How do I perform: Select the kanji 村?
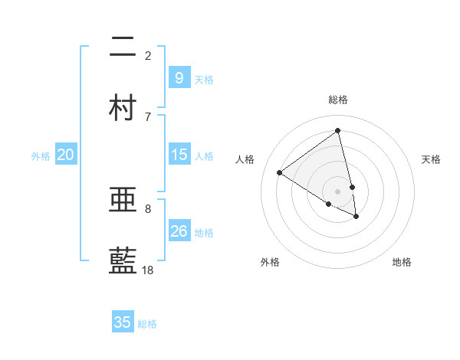pyautogui.click(x=123, y=107)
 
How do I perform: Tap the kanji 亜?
pyautogui.click(x=123, y=201)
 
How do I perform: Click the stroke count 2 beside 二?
pyautogui.click(x=148, y=55)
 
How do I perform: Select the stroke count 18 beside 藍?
pyautogui.click(x=148, y=270)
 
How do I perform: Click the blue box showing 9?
pyautogui.click(x=179, y=77)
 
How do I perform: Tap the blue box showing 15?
pyautogui.click(x=179, y=155)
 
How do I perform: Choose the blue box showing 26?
pyautogui.click(x=179, y=231)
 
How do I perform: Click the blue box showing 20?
pyautogui.click(x=66, y=155)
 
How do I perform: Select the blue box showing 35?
pyautogui.click(x=123, y=322)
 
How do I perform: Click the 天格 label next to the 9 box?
pyautogui.click(x=204, y=79)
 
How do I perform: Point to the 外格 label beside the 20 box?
pyautogui.click(x=41, y=155)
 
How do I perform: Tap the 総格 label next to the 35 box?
pyautogui.click(x=147, y=324)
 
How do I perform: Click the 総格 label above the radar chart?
pyautogui.click(x=337, y=100)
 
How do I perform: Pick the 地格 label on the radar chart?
pyautogui.click(x=402, y=262)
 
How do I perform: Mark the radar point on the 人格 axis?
pyautogui.click(x=280, y=173)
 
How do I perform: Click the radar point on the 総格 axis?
pyautogui.click(x=337, y=131)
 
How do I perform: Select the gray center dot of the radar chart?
pyautogui.click(x=337, y=191)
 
